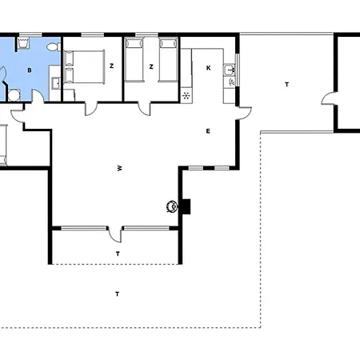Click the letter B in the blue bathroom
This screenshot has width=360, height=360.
click(30, 70)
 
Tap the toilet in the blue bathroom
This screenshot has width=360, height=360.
click(53, 47)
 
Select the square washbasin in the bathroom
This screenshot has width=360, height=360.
click(56, 82)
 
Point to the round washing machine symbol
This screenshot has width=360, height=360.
click(14, 95)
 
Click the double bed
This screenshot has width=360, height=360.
click(83, 67)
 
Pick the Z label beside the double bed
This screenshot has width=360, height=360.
click(112, 66)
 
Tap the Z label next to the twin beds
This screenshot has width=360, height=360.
click(151, 66)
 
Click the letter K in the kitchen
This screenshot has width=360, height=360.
click(209, 68)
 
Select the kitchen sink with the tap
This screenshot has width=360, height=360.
click(230, 70)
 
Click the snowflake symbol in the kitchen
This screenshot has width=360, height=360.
click(186, 95)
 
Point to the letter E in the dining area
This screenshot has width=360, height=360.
click(208, 131)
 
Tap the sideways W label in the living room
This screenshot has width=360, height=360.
click(120, 168)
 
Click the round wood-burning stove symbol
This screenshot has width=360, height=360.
click(172, 206)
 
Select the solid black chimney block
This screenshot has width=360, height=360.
click(186, 206)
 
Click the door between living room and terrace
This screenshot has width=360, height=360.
click(115, 234)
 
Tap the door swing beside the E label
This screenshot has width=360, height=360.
click(245, 114)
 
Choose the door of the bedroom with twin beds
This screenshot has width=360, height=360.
click(144, 109)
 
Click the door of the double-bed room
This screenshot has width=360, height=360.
click(91, 109)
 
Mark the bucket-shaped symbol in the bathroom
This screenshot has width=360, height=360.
click(23, 43)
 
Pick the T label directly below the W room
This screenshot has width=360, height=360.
click(118, 254)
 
